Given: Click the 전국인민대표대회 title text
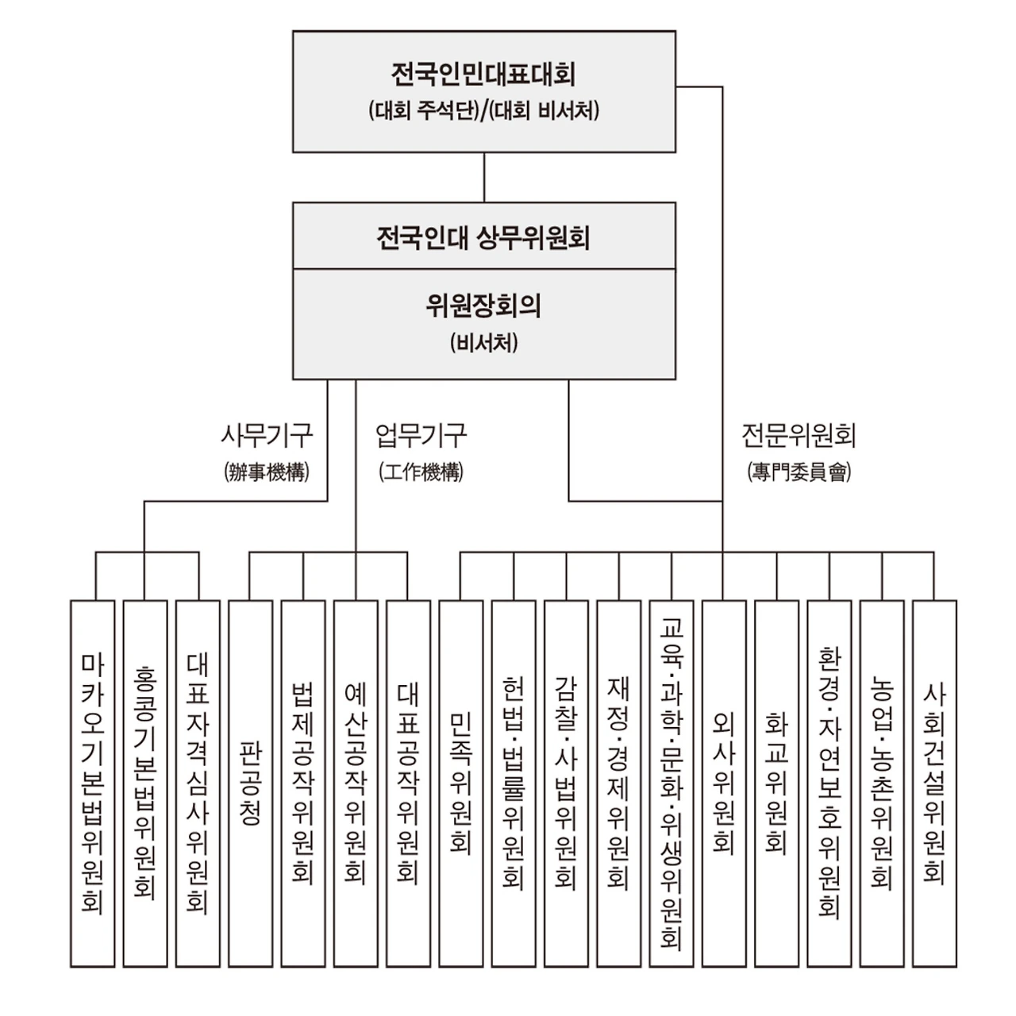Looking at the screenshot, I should coord(483,75).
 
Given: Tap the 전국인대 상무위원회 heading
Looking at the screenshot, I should coord(483,237).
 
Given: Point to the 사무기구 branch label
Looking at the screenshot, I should coord(267,435).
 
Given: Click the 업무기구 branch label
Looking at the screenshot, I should coord(421,435).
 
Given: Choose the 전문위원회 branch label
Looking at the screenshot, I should coord(799,435).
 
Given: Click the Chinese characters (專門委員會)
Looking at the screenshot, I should coord(799,472).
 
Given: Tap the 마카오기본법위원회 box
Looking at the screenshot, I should coord(92,783).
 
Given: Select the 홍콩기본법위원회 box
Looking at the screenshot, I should coord(145,783).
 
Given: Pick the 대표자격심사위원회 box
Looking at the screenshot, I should coord(198,783).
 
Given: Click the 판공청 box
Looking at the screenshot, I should coord(250,783).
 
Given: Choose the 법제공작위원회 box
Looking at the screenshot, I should coord(302,783).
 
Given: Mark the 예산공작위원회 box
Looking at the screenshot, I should coord(355,783).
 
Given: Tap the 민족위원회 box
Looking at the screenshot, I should coord(460,783).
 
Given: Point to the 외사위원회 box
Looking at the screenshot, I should coord(724,783).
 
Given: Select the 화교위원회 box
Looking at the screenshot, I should coord(776,783).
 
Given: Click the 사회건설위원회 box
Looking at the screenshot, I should coord(934,783).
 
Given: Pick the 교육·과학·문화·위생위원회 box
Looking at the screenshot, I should coord(672,783).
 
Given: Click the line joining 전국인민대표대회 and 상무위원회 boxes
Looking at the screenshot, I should coord(484,177).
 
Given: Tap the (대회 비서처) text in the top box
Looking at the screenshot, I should coord(546,110).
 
